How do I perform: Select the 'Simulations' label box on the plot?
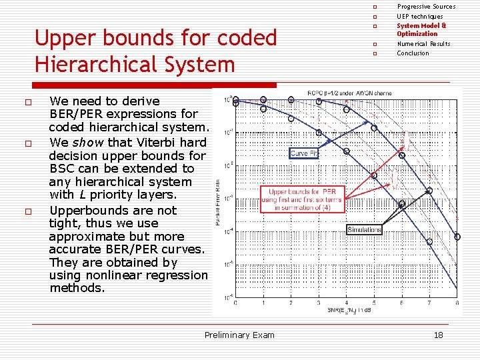pyautogui.click(x=364, y=229)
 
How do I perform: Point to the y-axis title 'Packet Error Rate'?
pyautogui.click(x=219, y=200)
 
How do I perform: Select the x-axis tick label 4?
pyautogui.click(x=346, y=303)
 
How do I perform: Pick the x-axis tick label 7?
pyautogui.click(x=429, y=303)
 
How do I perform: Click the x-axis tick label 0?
pyautogui.click(x=235, y=303)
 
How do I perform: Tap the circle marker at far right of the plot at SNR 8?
pyautogui.click(x=457, y=237)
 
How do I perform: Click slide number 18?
pyautogui.click(x=438, y=335)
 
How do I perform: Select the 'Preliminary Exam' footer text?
pyautogui.click(x=239, y=335)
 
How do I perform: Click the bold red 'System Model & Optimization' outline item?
pyautogui.click(x=421, y=29)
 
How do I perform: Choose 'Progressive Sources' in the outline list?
pyautogui.click(x=426, y=7)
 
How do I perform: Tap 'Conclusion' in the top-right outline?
pyautogui.click(x=413, y=53)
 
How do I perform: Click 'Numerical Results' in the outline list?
pyautogui.click(x=423, y=44)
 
